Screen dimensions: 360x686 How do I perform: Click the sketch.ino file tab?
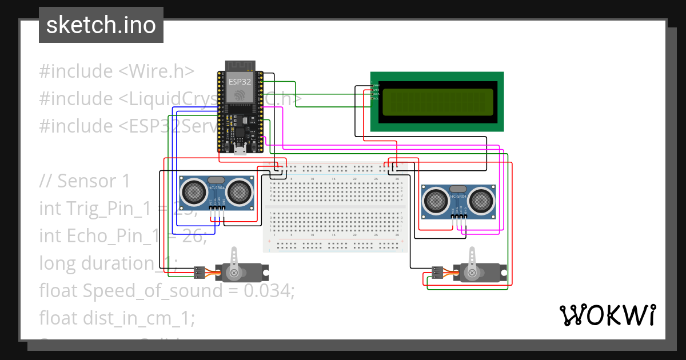click(101, 25)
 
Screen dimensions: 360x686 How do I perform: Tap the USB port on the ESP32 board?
click(241, 151)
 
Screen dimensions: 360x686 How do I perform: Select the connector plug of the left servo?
click(200, 273)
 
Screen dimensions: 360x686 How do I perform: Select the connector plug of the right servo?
click(437, 273)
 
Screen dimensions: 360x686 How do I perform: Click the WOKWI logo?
click(608, 315)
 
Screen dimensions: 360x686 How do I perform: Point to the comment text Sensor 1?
click(94, 181)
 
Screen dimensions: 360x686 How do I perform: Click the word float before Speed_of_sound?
click(59, 291)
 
